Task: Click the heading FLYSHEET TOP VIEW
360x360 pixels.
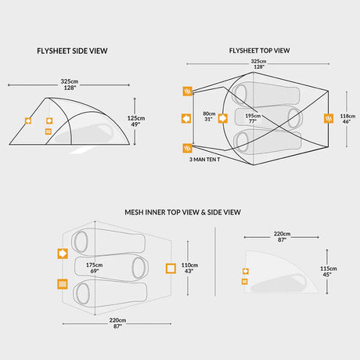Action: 260,51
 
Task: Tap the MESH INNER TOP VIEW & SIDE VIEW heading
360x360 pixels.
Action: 182,212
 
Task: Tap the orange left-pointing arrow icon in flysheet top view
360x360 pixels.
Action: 187,118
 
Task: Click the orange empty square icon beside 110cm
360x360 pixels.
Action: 170,268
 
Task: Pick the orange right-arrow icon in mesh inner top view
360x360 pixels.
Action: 61,254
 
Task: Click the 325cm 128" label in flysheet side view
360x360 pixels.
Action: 70,85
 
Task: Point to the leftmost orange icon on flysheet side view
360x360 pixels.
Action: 28,121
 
